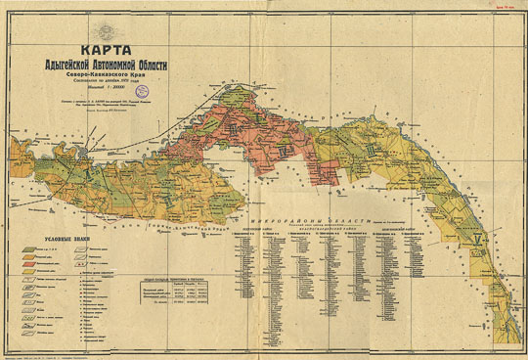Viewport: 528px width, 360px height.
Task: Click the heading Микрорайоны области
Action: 326,223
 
